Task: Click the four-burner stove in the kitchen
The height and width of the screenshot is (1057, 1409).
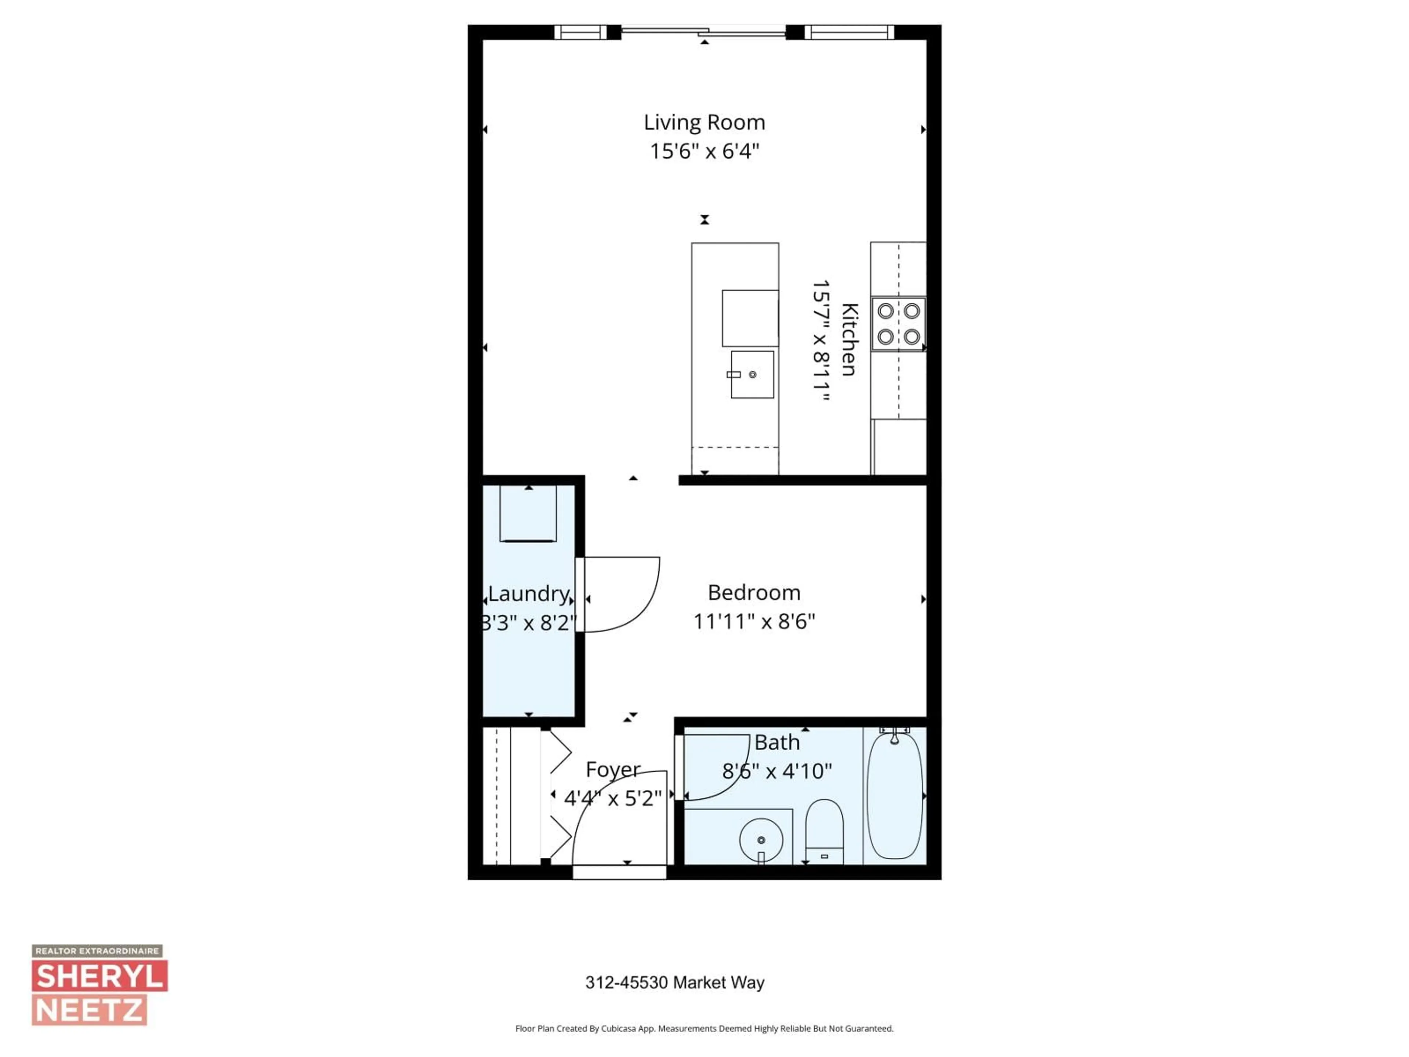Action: point(898,324)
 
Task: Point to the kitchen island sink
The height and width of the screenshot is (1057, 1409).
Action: point(752,375)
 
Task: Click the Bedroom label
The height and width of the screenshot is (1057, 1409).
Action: point(754,592)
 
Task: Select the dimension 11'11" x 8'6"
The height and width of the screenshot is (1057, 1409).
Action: point(754,621)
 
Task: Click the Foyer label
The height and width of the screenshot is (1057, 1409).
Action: point(613,770)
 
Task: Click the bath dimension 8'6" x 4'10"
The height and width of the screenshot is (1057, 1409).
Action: point(776,771)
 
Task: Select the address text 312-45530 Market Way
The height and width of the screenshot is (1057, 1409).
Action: point(674,982)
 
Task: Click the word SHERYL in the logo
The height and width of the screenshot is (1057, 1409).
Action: point(100,977)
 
